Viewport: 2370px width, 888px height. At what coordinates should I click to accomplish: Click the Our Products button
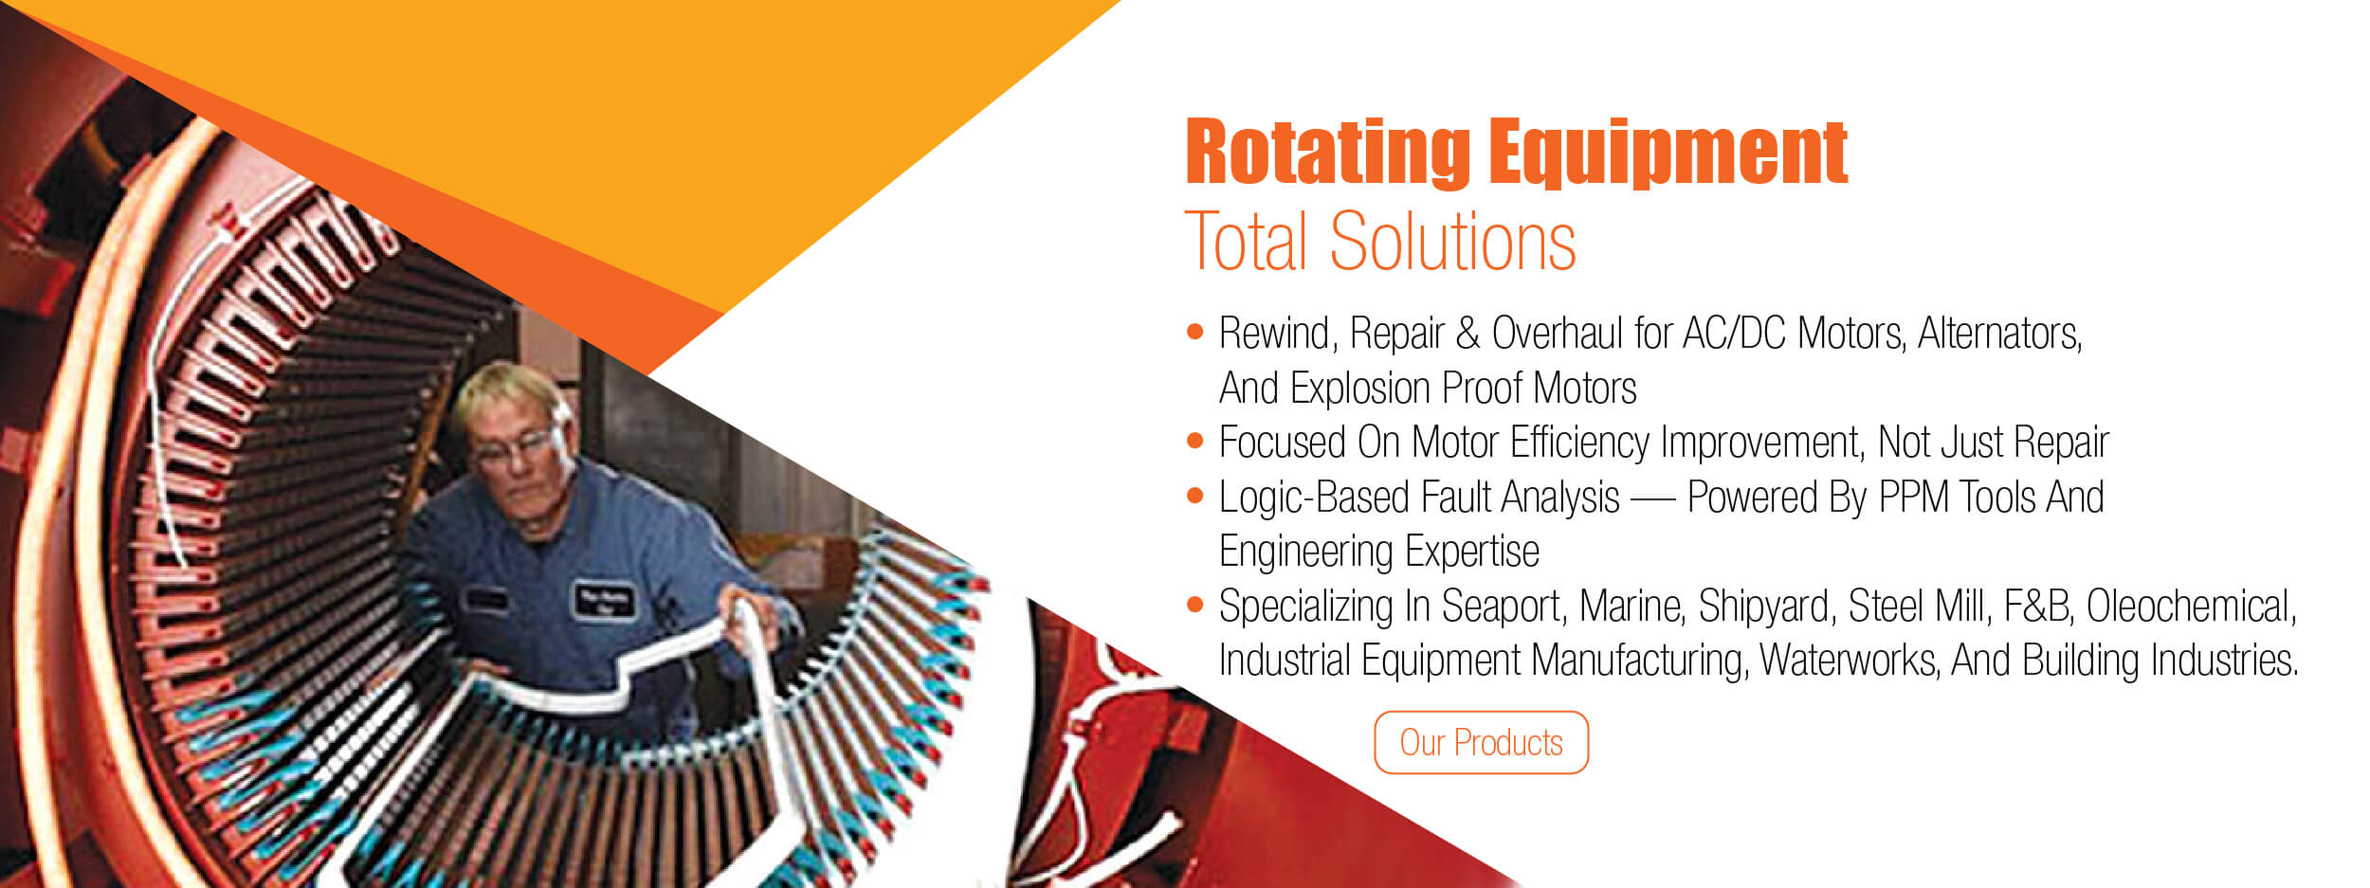click(x=1481, y=742)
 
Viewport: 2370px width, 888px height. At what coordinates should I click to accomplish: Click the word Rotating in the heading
click(x=1327, y=152)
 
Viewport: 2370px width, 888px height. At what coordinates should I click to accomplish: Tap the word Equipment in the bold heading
click(x=1668, y=152)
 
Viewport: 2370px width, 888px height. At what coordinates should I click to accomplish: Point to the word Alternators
click(x=1999, y=334)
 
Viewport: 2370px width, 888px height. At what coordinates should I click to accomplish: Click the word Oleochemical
click(x=2192, y=607)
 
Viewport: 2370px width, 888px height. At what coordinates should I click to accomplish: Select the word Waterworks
click(x=1849, y=661)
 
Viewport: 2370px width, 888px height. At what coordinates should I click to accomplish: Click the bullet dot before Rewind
click(x=1195, y=332)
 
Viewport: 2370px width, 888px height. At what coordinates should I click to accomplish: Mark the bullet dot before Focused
click(x=1195, y=441)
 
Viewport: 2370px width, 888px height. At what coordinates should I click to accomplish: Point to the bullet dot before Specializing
click(x=1195, y=604)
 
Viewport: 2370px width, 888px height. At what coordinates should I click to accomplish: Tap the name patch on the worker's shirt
click(x=604, y=599)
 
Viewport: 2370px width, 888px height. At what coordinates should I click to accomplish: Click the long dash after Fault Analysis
click(x=1652, y=499)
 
